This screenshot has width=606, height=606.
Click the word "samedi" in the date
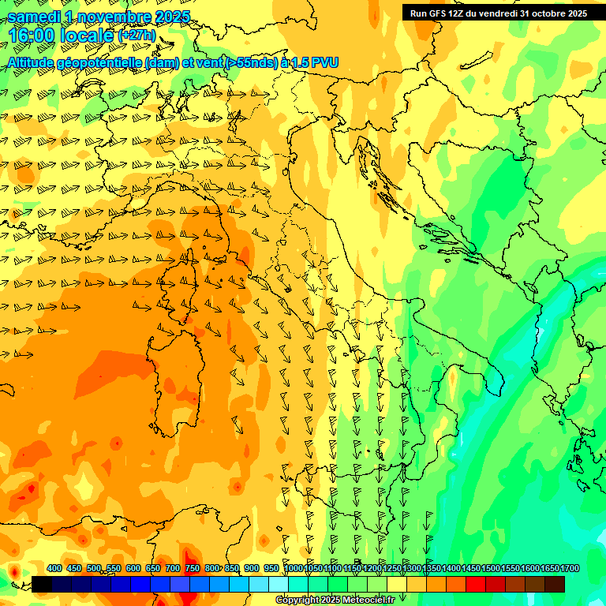coord(36,17)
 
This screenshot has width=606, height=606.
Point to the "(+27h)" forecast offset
coord(137,36)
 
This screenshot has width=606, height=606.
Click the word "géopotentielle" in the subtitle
coord(102,62)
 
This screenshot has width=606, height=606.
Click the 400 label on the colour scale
coord(54,569)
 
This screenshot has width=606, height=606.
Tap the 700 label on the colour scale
coord(173,569)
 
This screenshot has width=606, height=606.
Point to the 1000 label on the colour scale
coord(294,569)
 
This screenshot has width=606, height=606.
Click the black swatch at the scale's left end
coord(42,584)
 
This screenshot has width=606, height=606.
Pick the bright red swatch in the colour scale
coord(476,584)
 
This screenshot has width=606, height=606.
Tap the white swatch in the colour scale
coord(279,584)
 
